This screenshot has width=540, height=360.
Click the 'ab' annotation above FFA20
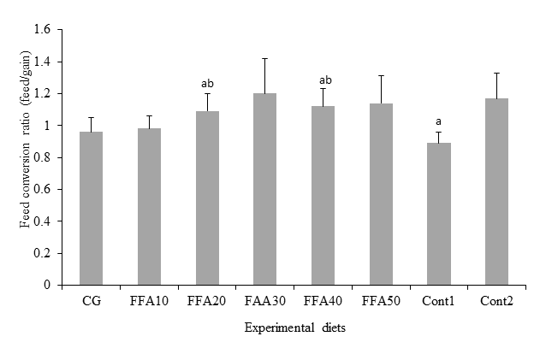[x=207, y=84]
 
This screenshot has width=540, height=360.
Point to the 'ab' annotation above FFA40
[x=323, y=80]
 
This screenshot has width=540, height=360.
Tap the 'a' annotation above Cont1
[x=439, y=121]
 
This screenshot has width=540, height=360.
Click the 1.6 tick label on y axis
[x=41, y=30]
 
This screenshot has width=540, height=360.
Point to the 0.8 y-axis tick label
[x=41, y=157]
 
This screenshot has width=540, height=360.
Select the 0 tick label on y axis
[x=46, y=285]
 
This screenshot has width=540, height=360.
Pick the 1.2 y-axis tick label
[x=41, y=94]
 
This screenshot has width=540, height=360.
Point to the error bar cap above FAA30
[x=270, y=58]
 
